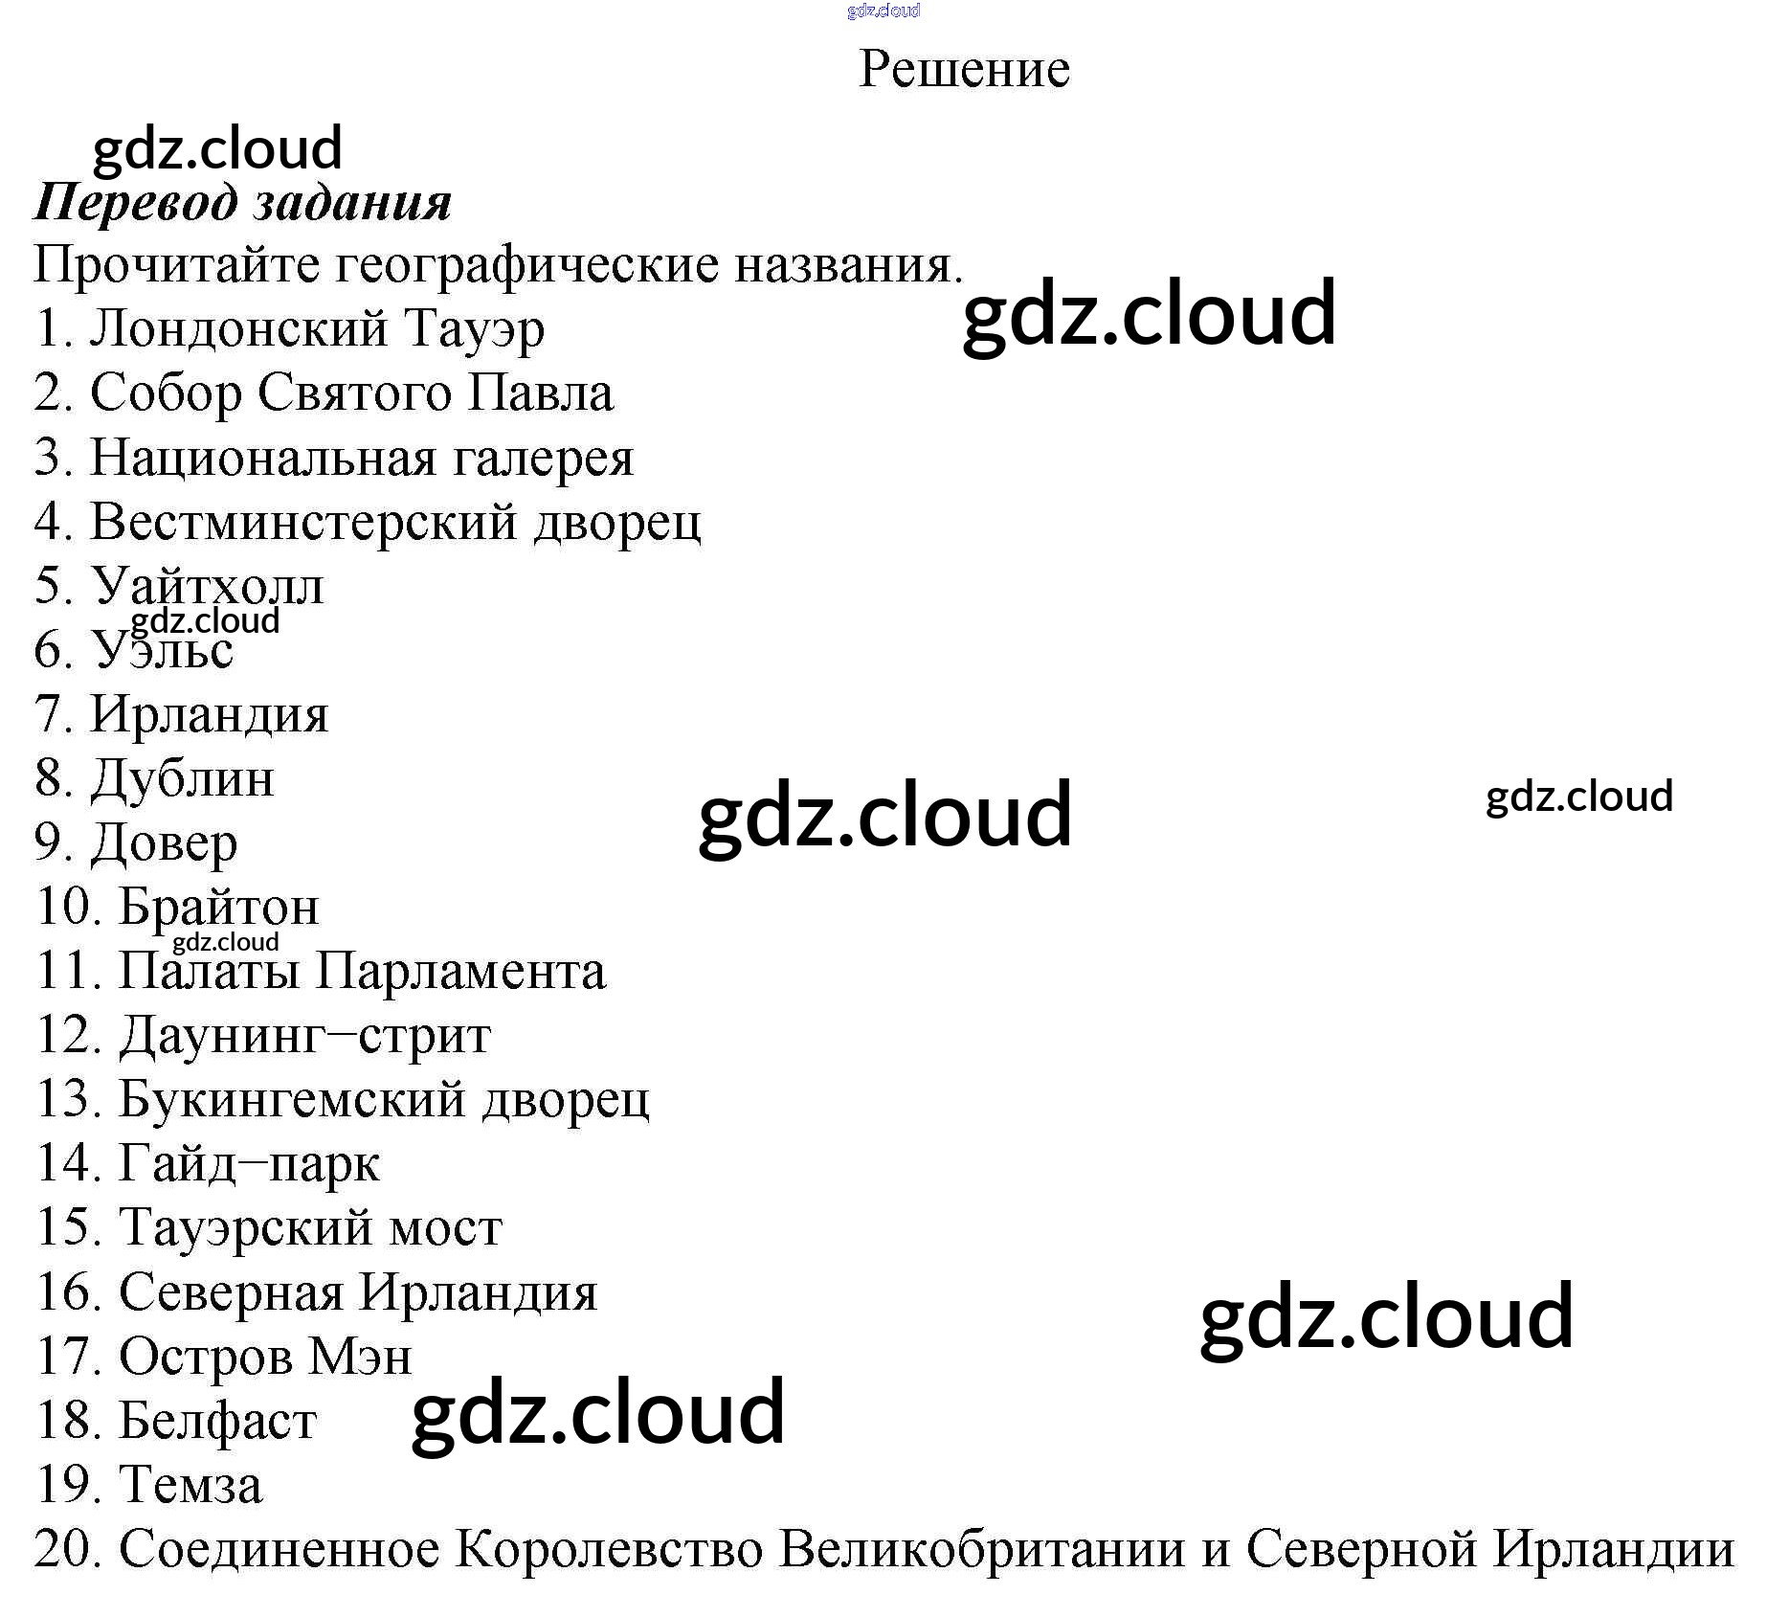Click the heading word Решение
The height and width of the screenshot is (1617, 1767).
click(x=964, y=69)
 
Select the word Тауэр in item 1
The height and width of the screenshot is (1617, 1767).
click(x=474, y=328)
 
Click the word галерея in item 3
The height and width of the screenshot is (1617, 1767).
click(x=543, y=459)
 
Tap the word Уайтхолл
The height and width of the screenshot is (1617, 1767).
click(x=208, y=586)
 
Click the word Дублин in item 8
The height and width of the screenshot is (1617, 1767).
click(x=183, y=778)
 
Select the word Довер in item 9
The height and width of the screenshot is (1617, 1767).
click(x=164, y=843)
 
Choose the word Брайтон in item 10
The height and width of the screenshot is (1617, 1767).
click(x=218, y=907)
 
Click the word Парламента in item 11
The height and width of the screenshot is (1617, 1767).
click(x=460, y=972)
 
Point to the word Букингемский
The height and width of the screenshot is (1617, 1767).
click(x=292, y=1100)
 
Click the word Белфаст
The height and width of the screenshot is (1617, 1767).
click(x=217, y=1421)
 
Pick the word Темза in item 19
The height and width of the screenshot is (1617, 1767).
click(x=190, y=1486)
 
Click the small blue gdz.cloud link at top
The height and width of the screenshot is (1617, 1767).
click(x=883, y=11)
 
